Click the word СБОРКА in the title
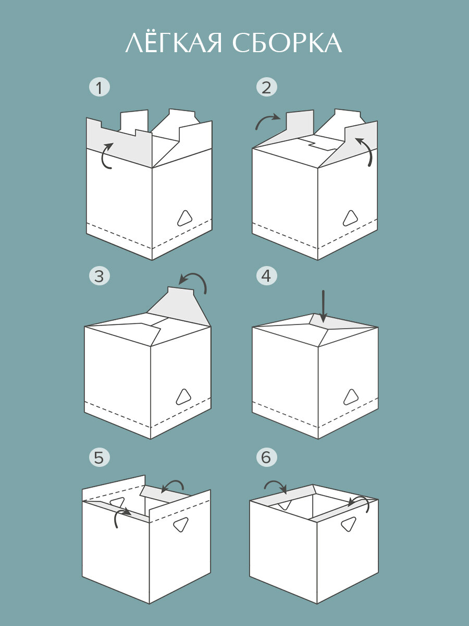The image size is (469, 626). coord(287,43)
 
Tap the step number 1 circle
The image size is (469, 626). coord(100,87)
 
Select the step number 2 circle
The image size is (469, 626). coord(266,87)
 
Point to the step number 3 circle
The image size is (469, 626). coord(100,275)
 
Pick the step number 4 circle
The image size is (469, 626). coord(266,275)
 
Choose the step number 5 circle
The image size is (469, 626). coord(100,458)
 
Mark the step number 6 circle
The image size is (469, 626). coord(266,458)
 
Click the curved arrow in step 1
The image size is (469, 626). coord(106,155)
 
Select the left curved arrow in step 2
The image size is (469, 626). coord(267,121)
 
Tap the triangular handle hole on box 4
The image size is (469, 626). coord(351,397)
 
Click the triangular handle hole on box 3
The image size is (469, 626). coord(183,397)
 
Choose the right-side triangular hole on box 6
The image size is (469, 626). coord(349,524)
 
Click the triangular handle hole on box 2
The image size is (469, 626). coord(351,218)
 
